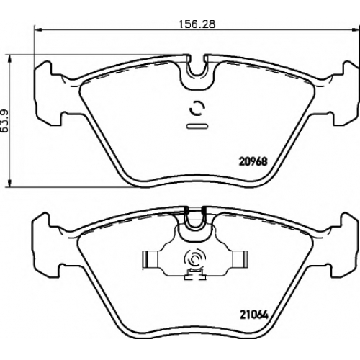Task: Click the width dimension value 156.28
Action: pyautogui.click(x=197, y=24)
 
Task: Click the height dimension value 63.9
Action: pyautogui.click(x=5, y=121)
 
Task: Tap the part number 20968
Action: pyautogui.click(x=253, y=161)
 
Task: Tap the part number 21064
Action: pyautogui.click(x=253, y=315)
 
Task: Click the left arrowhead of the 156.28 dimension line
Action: pyautogui.click(x=38, y=30)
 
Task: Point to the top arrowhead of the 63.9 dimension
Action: pyautogui.click(x=9, y=58)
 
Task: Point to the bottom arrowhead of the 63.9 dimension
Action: pyautogui.click(x=9, y=183)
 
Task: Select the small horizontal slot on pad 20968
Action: pyautogui.click(x=197, y=126)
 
